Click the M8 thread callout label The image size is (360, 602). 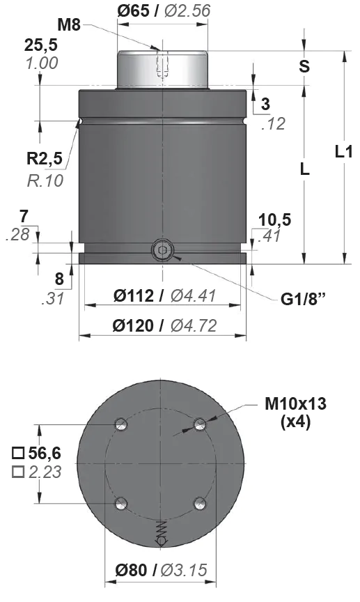69,25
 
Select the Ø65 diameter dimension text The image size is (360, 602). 133,10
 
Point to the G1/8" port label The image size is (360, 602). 303,299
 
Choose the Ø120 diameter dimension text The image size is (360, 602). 133,325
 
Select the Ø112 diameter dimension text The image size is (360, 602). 134,295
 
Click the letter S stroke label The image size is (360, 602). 304,66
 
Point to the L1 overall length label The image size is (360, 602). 343,152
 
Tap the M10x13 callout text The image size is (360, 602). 295,403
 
